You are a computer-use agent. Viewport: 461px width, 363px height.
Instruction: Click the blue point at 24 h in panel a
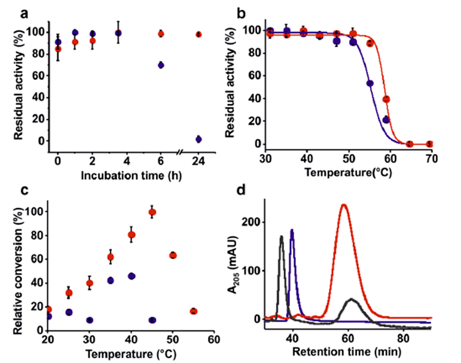point(199,139)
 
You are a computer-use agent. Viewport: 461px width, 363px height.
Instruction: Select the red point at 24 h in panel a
point(199,34)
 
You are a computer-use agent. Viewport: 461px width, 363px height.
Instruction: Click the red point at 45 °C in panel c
point(152,212)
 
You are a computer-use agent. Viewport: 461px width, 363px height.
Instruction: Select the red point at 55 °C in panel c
point(193,311)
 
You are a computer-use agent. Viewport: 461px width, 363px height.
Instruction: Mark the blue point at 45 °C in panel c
point(152,320)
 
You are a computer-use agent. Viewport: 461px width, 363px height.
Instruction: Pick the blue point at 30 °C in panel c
point(90,320)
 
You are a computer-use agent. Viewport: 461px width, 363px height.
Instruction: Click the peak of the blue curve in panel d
point(292,230)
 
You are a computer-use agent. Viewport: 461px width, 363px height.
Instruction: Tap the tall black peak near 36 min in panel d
point(281,236)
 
